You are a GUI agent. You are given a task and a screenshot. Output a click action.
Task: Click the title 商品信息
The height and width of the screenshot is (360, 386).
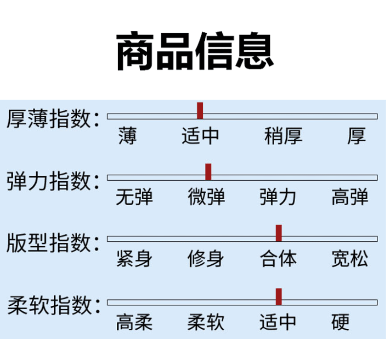point(194,51)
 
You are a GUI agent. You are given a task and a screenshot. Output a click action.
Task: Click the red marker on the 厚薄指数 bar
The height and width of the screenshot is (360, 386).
point(200,111)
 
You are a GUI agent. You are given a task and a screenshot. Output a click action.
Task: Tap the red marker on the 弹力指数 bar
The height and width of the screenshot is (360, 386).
point(208,172)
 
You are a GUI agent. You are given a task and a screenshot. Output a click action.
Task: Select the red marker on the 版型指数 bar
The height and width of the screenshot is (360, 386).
point(279,233)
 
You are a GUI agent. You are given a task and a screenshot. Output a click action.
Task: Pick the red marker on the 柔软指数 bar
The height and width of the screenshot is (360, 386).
point(279,296)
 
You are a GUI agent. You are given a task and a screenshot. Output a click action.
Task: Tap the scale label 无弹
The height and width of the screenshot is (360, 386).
point(135,197)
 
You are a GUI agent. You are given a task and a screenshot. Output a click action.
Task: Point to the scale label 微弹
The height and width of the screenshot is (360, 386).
point(206,197)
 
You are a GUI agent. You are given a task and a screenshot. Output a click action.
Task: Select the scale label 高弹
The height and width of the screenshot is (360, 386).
point(350,197)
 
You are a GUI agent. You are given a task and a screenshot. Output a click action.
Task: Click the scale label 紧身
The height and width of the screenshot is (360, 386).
point(135,258)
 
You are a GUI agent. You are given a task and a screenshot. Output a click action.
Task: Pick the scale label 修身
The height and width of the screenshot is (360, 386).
point(206,258)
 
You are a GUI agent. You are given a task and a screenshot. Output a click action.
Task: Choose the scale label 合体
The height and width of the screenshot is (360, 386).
point(278,258)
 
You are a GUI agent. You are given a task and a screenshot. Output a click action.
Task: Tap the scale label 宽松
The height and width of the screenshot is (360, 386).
point(350,258)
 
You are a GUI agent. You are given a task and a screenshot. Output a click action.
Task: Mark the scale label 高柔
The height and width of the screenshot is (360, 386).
point(135,322)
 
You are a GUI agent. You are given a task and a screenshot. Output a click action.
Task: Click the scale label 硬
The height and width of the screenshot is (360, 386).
point(341,322)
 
